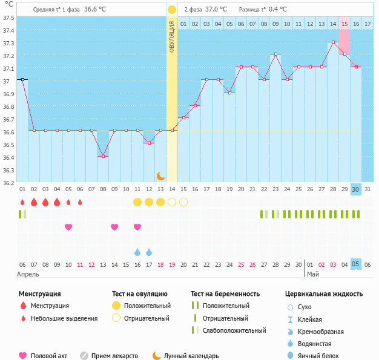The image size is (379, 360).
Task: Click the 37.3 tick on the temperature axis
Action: coord(8,44)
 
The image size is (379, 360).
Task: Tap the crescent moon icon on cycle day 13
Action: coord(160,175)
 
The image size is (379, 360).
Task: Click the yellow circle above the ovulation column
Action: coord(172,10)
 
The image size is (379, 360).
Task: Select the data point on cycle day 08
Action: coord(103,156)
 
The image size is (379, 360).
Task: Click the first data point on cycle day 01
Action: coord(22,79)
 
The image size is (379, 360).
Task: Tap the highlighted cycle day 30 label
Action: coord(356,189)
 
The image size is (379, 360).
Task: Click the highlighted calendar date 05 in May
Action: coord(356,264)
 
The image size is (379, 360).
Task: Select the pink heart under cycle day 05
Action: coord(68,227)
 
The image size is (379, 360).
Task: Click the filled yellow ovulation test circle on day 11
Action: coord(137,201)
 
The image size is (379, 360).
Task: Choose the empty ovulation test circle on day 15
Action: coord(183,201)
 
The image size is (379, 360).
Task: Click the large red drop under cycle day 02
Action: coord(34,201)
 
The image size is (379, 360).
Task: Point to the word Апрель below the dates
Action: coord(28,274)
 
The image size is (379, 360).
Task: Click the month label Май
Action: coord(312,274)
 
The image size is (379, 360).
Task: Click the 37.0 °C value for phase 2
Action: coord(216,10)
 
